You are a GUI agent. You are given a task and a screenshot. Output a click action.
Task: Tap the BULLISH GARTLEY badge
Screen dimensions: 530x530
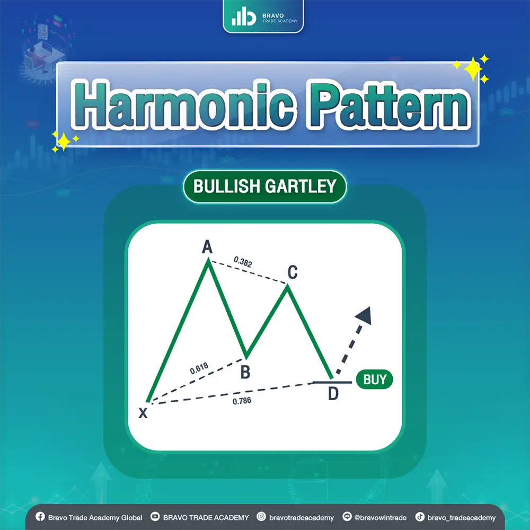click(x=264, y=186)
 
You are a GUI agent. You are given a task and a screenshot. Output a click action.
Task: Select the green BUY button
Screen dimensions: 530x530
click(x=374, y=379)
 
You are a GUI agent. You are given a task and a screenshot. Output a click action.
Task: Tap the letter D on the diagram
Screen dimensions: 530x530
click(x=333, y=394)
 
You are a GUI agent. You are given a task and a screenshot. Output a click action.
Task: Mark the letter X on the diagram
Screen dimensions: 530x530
click(x=143, y=413)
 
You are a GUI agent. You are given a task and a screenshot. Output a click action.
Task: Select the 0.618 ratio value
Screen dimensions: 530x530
click(x=199, y=367)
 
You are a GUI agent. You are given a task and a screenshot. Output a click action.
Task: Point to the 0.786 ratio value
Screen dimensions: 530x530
click(x=242, y=401)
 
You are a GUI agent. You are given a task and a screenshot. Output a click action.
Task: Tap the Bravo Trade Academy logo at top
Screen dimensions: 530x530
click(x=263, y=16)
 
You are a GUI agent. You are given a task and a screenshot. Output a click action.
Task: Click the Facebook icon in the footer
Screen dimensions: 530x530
click(x=39, y=517)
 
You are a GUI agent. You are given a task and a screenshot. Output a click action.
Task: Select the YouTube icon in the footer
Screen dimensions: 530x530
click(x=155, y=517)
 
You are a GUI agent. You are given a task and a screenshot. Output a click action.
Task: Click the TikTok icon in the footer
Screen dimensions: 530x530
click(x=419, y=517)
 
